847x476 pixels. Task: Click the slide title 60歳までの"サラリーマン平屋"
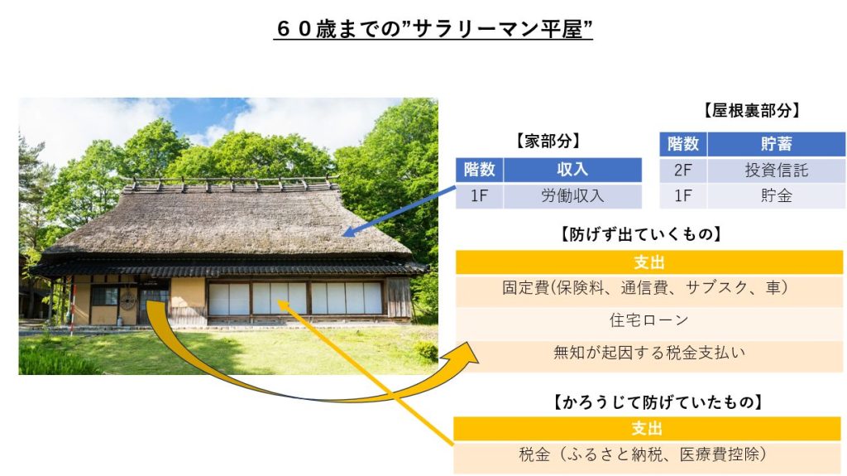(433, 29)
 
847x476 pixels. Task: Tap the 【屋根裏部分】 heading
(751, 110)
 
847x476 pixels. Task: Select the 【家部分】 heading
(548, 142)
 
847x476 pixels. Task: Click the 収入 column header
(572, 170)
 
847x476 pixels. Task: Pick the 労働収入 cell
(572, 195)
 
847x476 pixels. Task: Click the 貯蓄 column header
(776, 144)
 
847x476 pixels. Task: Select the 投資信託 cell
(776, 171)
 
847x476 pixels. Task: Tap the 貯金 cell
(776, 195)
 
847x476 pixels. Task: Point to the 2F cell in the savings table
(682, 171)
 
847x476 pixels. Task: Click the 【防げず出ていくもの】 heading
(641, 234)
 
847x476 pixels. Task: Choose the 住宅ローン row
(648, 320)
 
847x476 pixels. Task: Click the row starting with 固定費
(648, 288)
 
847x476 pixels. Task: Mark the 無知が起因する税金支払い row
(648, 353)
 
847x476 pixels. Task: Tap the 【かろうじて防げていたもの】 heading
(658, 402)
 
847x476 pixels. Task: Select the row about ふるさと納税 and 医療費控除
(647, 454)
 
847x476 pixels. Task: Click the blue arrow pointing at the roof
(400, 211)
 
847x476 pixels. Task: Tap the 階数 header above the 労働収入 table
(479, 170)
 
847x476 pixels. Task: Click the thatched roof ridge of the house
(232, 185)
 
